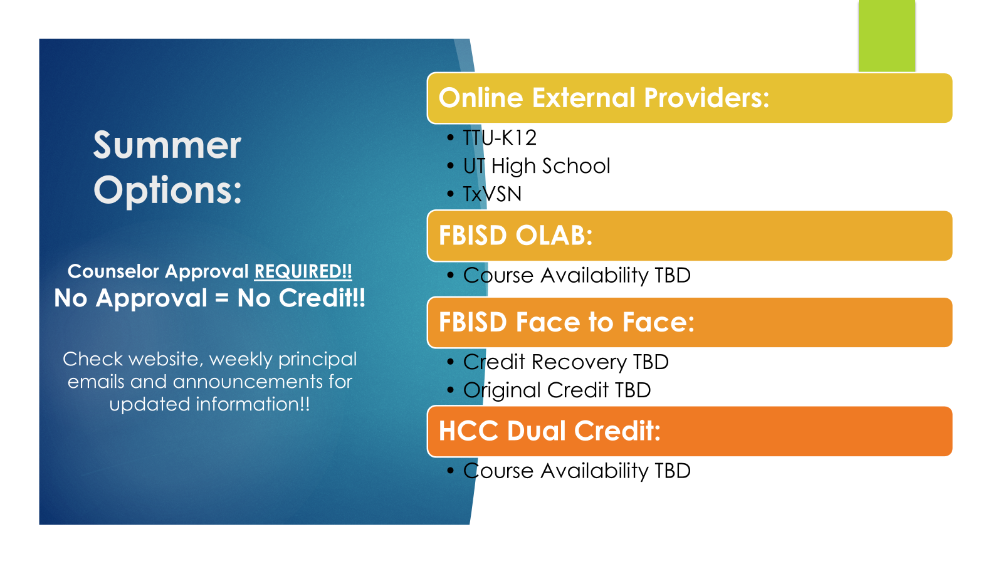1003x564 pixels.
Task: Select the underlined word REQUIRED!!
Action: pos(303,271)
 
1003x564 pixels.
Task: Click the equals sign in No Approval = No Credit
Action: pos(222,298)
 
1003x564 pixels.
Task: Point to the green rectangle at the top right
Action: pos(886,36)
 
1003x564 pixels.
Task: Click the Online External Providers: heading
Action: pos(604,98)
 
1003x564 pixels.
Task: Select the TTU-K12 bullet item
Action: pos(499,137)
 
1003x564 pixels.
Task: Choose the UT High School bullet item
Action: pos(537,165)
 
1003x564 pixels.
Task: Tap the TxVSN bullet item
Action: pos(492,194)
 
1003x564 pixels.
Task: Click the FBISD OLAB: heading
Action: pos(515,236)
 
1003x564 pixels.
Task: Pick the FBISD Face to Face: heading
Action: pos(567,322)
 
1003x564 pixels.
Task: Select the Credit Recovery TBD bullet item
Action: pos(565,362)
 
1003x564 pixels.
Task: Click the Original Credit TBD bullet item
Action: pos(557,390)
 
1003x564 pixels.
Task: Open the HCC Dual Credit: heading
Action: pos(549,431)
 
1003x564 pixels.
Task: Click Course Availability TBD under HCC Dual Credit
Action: pos(577,471)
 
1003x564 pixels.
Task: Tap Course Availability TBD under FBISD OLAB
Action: pos(577,275)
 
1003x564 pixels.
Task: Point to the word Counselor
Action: pos(113,271)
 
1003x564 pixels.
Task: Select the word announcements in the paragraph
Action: pos(248,382)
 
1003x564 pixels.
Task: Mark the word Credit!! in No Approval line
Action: pos(322,298)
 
